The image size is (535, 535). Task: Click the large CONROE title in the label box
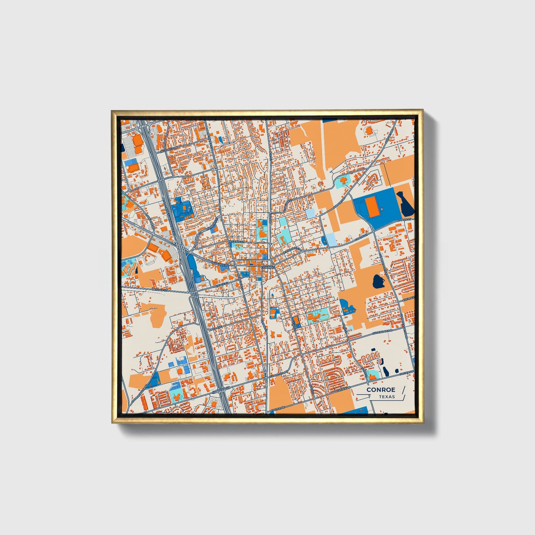click(x=381, y=390)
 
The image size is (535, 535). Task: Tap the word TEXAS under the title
click(x=387, y=397)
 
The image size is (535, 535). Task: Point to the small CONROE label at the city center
click(x=267, y=267)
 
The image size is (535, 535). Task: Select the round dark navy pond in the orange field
click(x=379, y=282)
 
